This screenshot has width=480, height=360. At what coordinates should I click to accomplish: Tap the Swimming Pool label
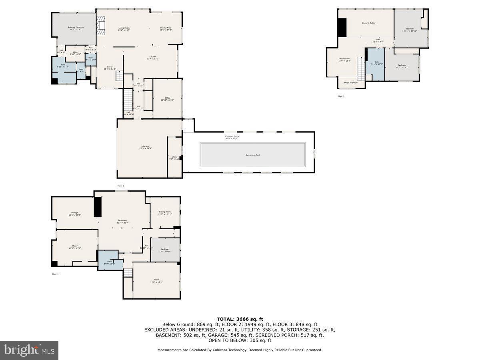point(252,155)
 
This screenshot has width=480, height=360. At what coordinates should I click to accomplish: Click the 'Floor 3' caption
point(341,96)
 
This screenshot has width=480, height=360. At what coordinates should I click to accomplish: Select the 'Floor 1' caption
point(55,274)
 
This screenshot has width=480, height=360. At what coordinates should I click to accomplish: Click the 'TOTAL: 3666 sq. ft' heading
point(240,319)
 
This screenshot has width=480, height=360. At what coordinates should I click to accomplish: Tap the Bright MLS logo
point(29,350)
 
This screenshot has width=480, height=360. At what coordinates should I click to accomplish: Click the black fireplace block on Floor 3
point(342,27)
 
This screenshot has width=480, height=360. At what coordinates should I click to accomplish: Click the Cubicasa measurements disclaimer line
point(240,350)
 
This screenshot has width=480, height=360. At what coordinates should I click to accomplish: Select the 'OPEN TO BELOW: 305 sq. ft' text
point(240,340)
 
